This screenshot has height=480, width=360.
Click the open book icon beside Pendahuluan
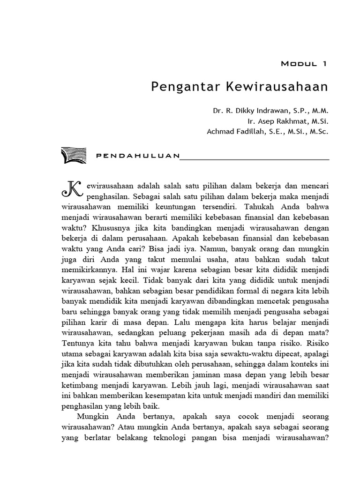[74, 155]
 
